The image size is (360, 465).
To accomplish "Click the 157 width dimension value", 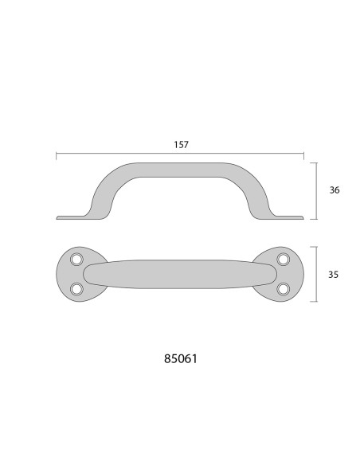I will (x=180, y=145).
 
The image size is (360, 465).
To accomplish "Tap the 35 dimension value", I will (x=334, y=274).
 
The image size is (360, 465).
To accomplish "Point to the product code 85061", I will (x=180, y=358).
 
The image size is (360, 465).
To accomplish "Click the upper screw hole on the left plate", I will (x=77, y=260).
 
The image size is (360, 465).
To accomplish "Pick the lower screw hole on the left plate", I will (x=77, y=288).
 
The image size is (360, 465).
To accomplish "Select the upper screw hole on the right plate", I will (x=282, y=260).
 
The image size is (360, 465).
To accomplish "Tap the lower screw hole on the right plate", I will (x=282, y=288).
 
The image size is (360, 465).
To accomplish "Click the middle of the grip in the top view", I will (x=180, y=274).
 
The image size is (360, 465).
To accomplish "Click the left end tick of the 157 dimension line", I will (x=56, y=156).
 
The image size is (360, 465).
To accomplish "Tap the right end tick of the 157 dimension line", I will (x=303, y=156).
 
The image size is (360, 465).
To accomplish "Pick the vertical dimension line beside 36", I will (x=318, y=191).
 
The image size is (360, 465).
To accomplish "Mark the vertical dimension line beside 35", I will (x=318, y=274).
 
